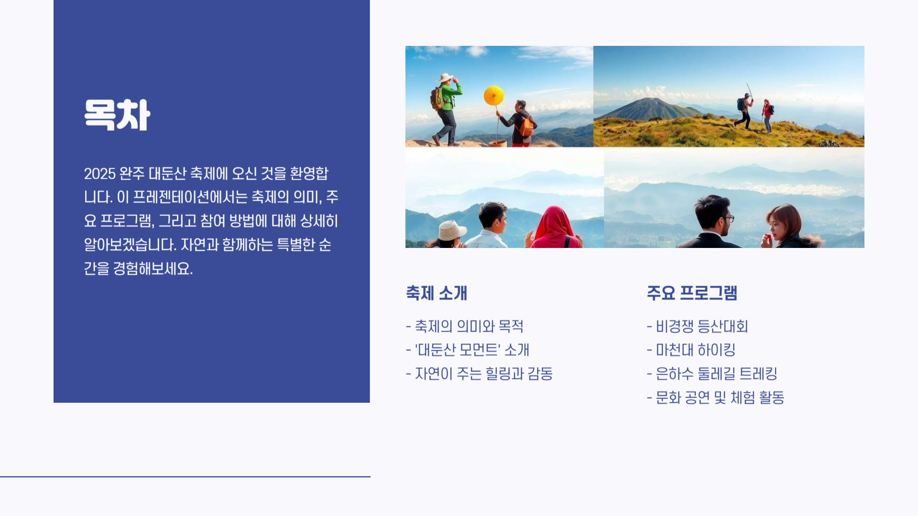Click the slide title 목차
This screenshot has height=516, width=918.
pos(117,115)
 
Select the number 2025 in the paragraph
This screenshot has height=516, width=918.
pos(100,173)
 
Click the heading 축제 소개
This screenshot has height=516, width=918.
pos(436,293)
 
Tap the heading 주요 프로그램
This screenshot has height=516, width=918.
pos(691,293)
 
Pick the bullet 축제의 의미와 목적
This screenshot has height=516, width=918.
pos(469,326)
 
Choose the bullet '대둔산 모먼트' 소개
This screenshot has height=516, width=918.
pos(471,350)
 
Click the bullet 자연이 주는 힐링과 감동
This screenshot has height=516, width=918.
pos(483,374)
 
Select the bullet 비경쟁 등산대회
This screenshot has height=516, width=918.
pos(701,326)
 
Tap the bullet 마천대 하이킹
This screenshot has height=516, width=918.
pos(695,350)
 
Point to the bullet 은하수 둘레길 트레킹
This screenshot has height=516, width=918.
pos(716,374)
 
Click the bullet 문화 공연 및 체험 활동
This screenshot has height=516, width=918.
pos(719,398)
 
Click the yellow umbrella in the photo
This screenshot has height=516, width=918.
pos(493,96)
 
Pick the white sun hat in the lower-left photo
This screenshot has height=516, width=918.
pos(451,231)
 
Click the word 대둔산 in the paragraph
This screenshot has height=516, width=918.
pos(167,173)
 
